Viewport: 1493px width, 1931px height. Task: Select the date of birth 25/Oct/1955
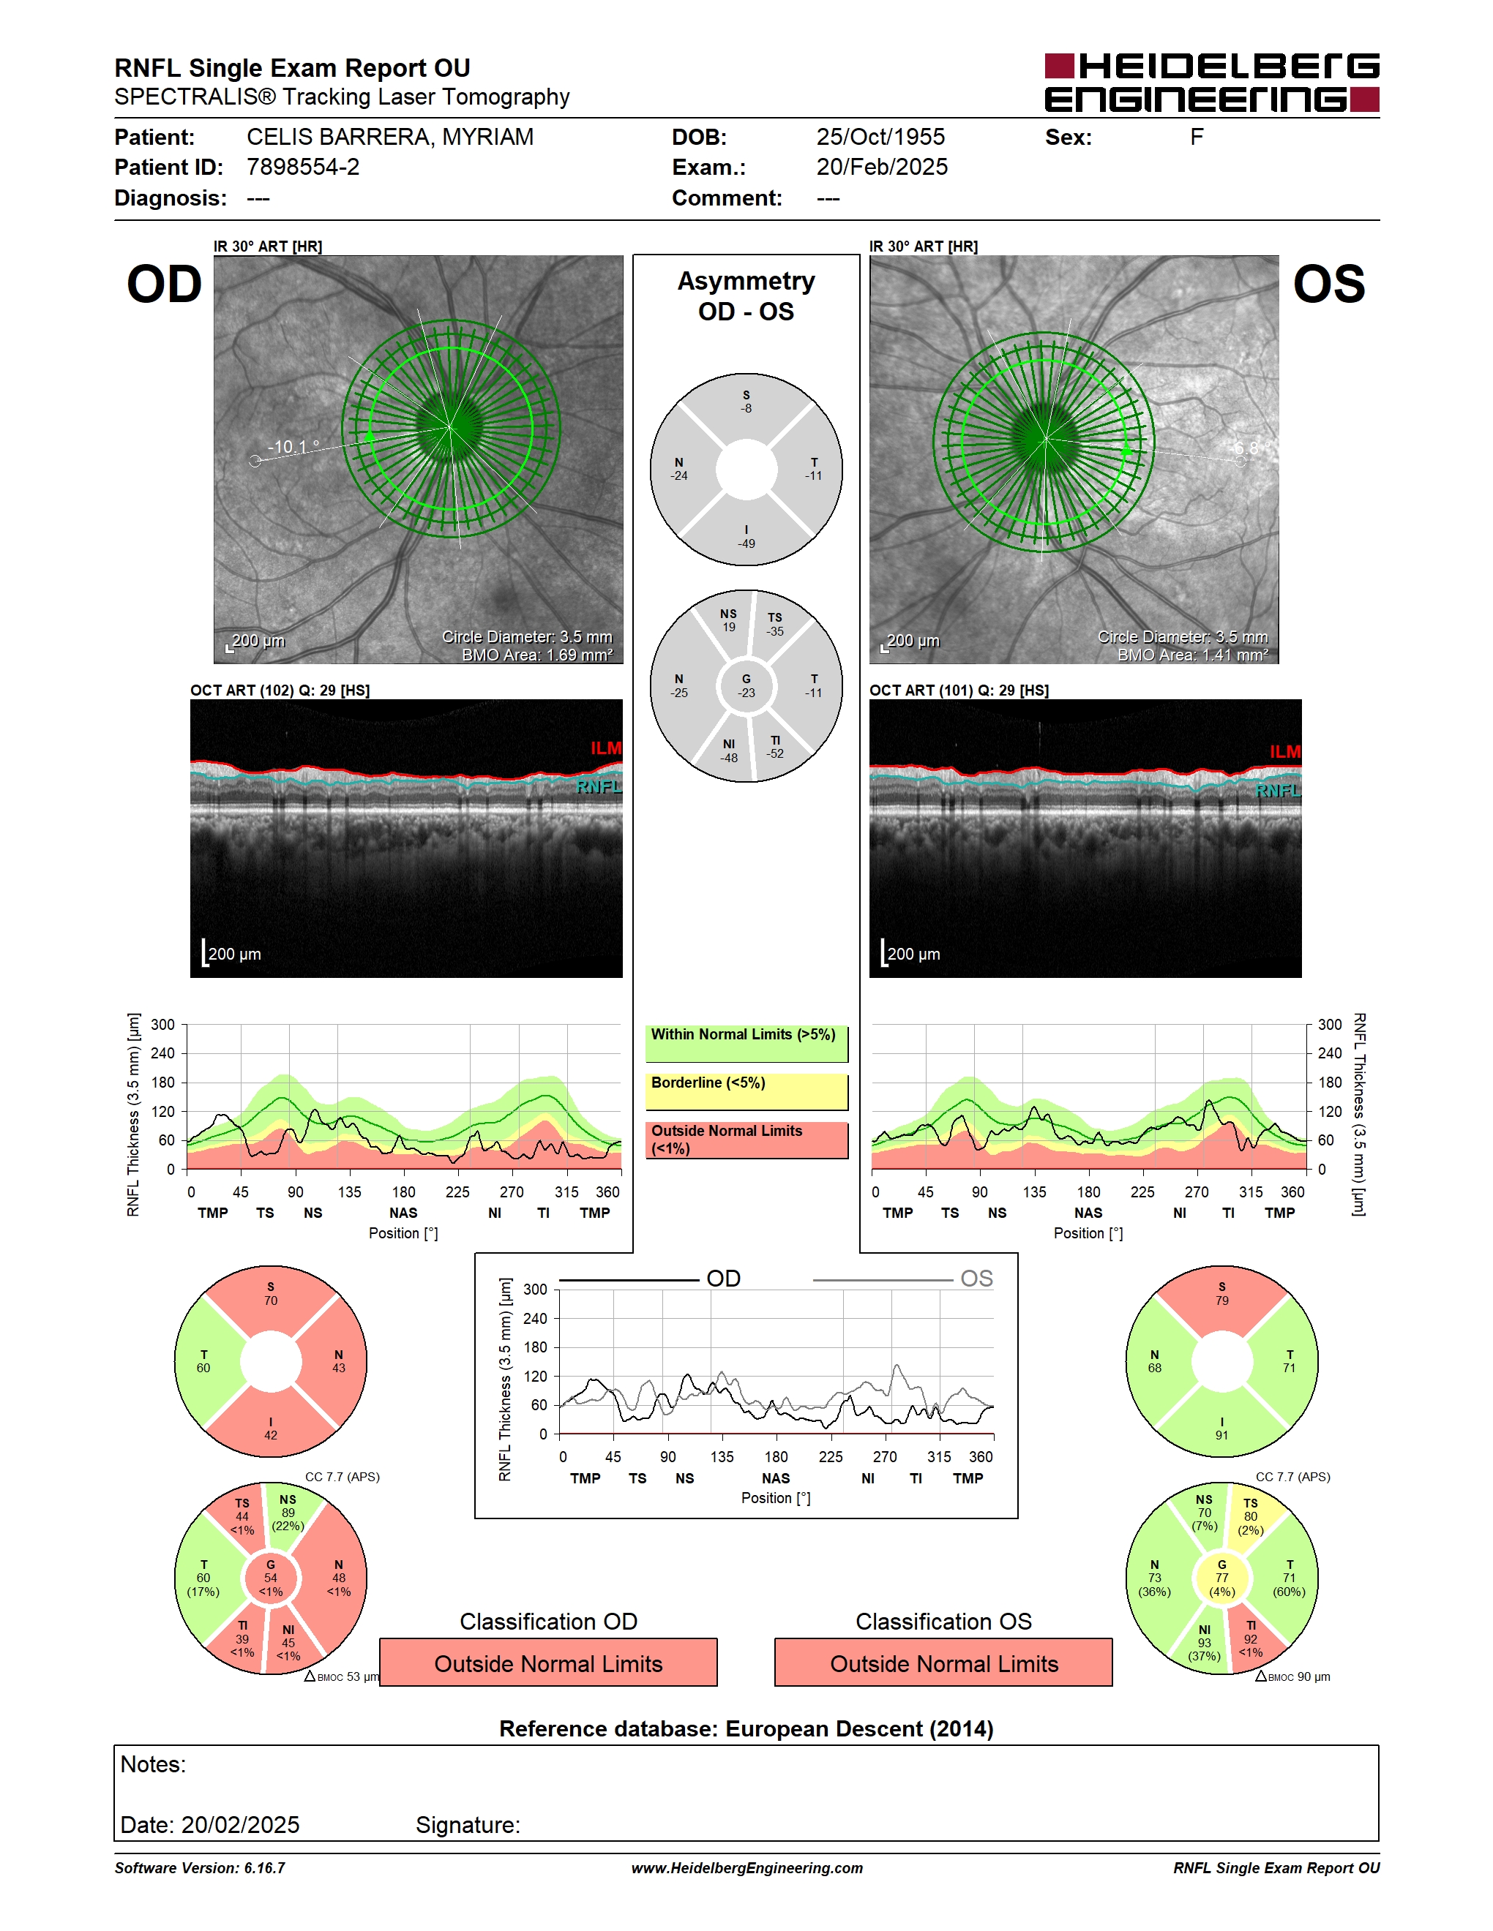coord(880,137)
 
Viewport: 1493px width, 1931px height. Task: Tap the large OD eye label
coord(165,285)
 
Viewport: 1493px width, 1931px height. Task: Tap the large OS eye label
coord(1328,285)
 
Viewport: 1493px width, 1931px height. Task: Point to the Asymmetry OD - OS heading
coord(746,296)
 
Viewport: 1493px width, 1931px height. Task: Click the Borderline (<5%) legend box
coord(746,1091)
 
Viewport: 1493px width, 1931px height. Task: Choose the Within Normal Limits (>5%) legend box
coord(746,1043)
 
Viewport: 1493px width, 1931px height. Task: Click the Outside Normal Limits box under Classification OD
coord(548,1663)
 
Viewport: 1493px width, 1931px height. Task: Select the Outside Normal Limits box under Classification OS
coord(944,1663)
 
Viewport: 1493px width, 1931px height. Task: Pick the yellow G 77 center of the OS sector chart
coord(1221,1578)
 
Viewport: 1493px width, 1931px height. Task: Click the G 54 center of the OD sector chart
coord(271,1578)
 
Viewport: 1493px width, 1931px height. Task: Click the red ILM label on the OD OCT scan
coord(606,748)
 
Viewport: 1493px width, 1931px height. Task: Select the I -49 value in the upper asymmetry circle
coord(746,537)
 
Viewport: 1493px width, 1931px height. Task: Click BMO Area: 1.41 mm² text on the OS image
coord(1192,655)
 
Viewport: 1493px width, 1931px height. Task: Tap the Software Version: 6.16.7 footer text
coord(200,1868)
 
